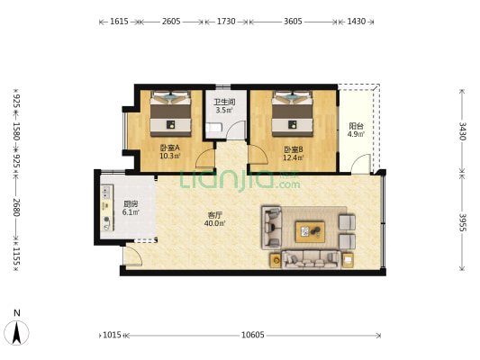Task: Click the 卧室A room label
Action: (x=170, y=148)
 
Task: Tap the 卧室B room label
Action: (x=294, y=149)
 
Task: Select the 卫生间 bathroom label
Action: (x=224, y=102)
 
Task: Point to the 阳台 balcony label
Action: (x=356, y=126)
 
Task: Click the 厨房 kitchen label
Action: (x=131, y=203)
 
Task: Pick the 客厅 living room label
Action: (x=214, y=215)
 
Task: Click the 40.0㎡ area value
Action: (x=214, y=223)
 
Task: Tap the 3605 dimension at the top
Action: (x=293, y=22)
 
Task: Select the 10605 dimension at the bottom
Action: (x=252, y=335)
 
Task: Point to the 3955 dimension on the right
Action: (x=462, y=222)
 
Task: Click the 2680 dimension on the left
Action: (x=16, y=207)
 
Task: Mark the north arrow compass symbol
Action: (x=16, y=332)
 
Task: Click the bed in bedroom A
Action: (x=170, y=113)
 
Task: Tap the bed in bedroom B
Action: (x=293, y=113)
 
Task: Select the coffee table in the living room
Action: (x=310, y=232)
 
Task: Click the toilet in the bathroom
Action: (x=213, y=127)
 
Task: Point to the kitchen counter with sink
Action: (x=107, y=207)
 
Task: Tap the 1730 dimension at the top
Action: (x=226, y=22)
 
